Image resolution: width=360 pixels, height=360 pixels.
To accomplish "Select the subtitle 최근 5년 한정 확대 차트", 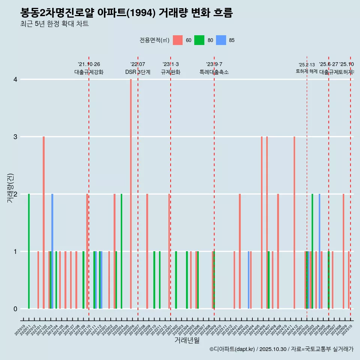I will [54, 24].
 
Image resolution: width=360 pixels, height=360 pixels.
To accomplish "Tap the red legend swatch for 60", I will [178, 40].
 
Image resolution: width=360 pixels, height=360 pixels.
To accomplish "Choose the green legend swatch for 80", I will [199, 40].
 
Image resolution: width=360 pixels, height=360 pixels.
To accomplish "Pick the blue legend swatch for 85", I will [221, 40].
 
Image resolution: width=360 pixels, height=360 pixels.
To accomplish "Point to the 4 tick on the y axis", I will [15, 79].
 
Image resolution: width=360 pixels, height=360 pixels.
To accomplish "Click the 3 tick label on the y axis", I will [15, 137].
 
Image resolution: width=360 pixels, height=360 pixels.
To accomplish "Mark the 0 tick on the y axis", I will [15, 309].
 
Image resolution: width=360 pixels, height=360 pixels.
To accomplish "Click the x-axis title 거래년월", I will [187, 340].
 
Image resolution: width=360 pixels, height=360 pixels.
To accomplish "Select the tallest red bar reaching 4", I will [131, 194].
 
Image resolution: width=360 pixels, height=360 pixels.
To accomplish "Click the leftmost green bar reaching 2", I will [29, 251].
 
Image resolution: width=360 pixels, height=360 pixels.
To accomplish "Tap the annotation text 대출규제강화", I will [89, 72].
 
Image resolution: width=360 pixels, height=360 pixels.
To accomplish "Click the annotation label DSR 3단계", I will [138, 72].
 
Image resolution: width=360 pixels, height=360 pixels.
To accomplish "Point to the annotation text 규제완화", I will [171, 72].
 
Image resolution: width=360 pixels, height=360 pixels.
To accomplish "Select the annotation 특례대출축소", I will [214, 72].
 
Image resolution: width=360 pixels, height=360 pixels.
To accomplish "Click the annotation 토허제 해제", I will [307, 71].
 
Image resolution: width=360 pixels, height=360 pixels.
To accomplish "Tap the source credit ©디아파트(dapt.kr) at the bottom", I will [232, 349].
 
